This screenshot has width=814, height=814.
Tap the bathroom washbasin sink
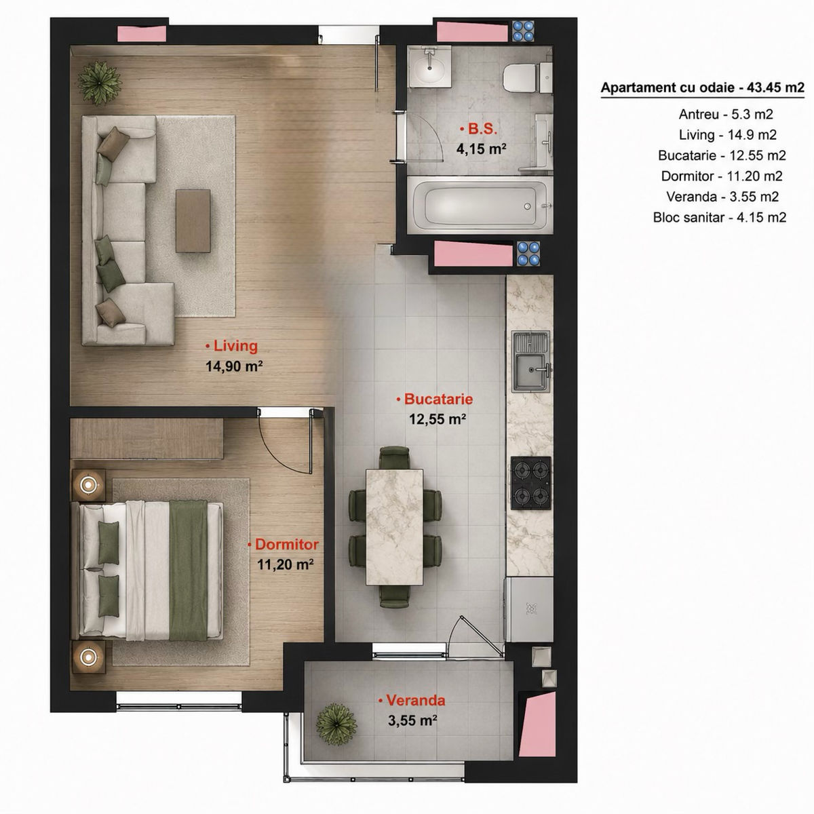[429, 67]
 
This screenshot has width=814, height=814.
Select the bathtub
[480, 205]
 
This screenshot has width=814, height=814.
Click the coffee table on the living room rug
[193, 220]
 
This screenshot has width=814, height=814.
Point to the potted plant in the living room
[99, 83]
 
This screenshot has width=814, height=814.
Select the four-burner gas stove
[531, 483]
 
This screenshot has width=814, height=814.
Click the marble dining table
[395, 527]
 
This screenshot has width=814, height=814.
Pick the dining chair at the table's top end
[395, 457]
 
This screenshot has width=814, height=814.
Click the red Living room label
[231, 346]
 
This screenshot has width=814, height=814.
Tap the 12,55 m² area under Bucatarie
[438, 419]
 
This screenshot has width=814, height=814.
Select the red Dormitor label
[283, 545]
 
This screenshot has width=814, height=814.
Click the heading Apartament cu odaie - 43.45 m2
[703, 88]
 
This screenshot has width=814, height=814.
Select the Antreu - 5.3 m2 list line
[726, 114]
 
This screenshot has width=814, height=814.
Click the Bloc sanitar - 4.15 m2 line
[720, 218]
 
